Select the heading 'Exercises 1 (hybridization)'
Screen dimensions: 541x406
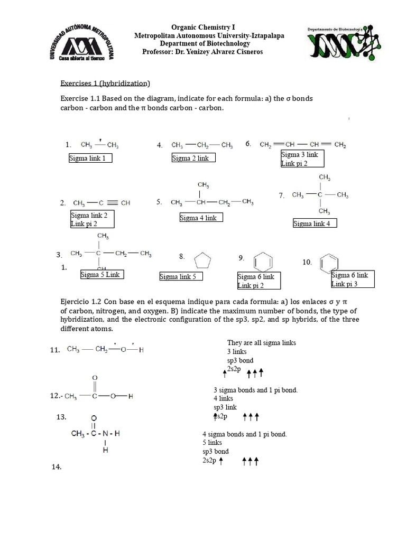point(105,83)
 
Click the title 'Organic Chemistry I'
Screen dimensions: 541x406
point(202,27)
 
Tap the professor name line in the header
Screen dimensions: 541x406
point(202,51)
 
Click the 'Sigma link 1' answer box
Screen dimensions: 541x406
point(90,158)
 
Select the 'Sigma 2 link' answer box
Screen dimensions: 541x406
point(193,158)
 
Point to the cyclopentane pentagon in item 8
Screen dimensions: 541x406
point(203,261)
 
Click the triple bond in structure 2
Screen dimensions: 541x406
point(109,203)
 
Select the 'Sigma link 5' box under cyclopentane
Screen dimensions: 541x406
point(181,277)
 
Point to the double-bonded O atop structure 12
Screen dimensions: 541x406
point(95,378)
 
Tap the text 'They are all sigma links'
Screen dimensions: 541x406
point(261,343)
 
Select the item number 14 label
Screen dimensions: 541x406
point(57,467)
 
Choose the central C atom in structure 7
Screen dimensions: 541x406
point(320,195)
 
